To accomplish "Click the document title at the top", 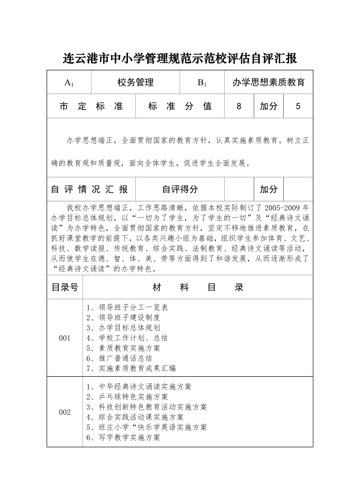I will (180, 59).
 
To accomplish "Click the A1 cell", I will (69, 83).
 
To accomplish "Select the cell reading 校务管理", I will (135, 83).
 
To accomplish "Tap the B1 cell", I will (202, 83).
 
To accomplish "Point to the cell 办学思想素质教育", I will (268, 83).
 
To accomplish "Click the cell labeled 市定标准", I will (91, 106).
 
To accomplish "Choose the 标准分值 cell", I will (180, 106).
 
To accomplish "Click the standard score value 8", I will (239, 106).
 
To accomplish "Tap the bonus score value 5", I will (298, 106).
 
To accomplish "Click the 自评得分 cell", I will (180, 190).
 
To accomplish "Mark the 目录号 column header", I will (65, 287).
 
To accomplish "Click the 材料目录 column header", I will (198, 287).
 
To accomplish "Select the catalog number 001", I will (65, 338).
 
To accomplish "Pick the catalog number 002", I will (65, 412).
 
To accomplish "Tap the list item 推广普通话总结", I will (119, 358).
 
